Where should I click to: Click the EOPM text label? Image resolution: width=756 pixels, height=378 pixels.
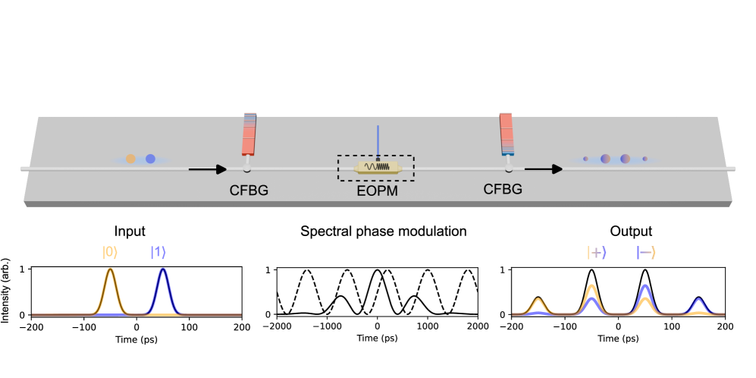pos(377,191)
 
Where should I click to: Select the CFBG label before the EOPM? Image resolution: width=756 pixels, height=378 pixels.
pos(249,191)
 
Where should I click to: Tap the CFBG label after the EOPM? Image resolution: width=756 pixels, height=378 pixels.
pos(503,189)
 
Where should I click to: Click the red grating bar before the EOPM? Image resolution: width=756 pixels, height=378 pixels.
pos(249,134)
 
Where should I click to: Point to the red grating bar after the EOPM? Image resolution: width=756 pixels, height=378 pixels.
pos(507,133)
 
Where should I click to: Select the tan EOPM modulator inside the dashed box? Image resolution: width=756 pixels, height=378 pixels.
pos(377,167)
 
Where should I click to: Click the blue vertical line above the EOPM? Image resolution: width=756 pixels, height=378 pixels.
pos(378,140)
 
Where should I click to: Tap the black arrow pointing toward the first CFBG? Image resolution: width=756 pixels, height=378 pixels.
pos(208,169)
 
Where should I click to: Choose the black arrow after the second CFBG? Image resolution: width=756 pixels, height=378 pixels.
pos(544,169)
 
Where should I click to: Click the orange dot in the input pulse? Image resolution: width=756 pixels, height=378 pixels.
pos(130,159)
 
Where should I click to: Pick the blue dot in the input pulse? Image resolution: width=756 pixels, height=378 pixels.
pos(150,159)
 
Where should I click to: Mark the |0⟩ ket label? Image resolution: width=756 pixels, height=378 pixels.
pos(111,252)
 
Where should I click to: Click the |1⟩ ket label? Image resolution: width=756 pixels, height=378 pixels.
pos(158,252)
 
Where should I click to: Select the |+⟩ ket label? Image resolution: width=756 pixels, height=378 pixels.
pos(597,252)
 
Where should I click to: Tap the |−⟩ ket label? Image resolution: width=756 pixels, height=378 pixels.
pos(646,252)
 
